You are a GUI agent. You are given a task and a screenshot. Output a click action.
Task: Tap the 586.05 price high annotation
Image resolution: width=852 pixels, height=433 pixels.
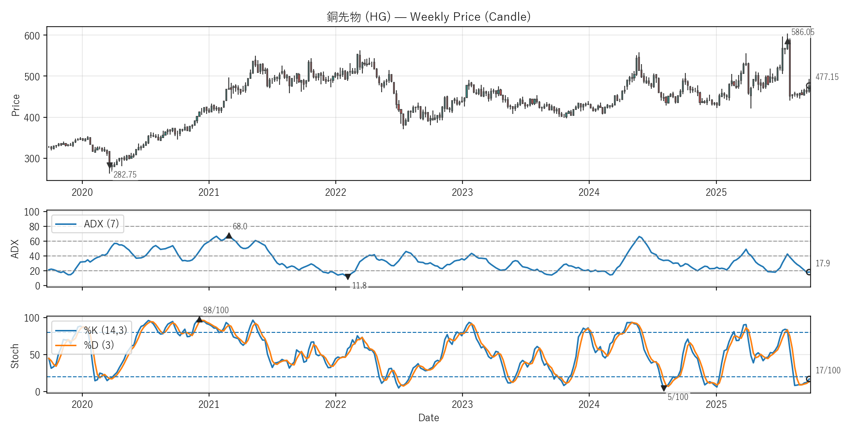point(802,33)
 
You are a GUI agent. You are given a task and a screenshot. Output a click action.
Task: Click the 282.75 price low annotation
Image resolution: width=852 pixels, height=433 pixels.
point(125,175)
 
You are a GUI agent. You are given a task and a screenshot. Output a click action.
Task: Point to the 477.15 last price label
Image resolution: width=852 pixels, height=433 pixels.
point(826,77)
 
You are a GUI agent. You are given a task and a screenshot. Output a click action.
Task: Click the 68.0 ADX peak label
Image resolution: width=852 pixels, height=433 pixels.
point(240,226)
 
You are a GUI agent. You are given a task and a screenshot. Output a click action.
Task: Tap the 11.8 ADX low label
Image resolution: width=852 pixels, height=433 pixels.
point(359,286)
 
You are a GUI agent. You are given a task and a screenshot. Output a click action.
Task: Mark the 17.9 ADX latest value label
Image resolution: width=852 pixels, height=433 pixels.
point(822,263)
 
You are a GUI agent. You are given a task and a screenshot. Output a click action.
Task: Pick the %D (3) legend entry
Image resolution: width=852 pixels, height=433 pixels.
point(99,345)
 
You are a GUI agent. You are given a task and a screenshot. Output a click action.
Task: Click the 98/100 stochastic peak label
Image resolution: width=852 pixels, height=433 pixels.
point(216,310)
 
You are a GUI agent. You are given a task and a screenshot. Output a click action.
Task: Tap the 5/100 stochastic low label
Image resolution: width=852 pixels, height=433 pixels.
point(677,397)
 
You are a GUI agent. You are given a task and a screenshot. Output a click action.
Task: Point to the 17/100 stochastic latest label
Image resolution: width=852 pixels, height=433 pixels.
point(827,370)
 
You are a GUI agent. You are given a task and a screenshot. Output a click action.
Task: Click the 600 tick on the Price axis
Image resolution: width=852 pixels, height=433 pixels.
point(32,36)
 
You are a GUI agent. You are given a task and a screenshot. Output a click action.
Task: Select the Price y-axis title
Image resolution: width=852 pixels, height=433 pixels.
point(16,105)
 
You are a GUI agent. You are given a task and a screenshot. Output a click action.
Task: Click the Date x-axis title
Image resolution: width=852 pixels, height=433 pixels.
point(428,418)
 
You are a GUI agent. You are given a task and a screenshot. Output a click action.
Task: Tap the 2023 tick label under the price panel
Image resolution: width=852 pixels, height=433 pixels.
point(462,192)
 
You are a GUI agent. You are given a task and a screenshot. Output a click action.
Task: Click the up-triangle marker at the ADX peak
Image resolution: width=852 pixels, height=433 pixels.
point(229,236)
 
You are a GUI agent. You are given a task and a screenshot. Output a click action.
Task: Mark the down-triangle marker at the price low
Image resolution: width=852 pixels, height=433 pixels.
point(110,166)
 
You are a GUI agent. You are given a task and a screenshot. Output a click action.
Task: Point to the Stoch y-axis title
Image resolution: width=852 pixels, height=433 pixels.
point(15,356)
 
